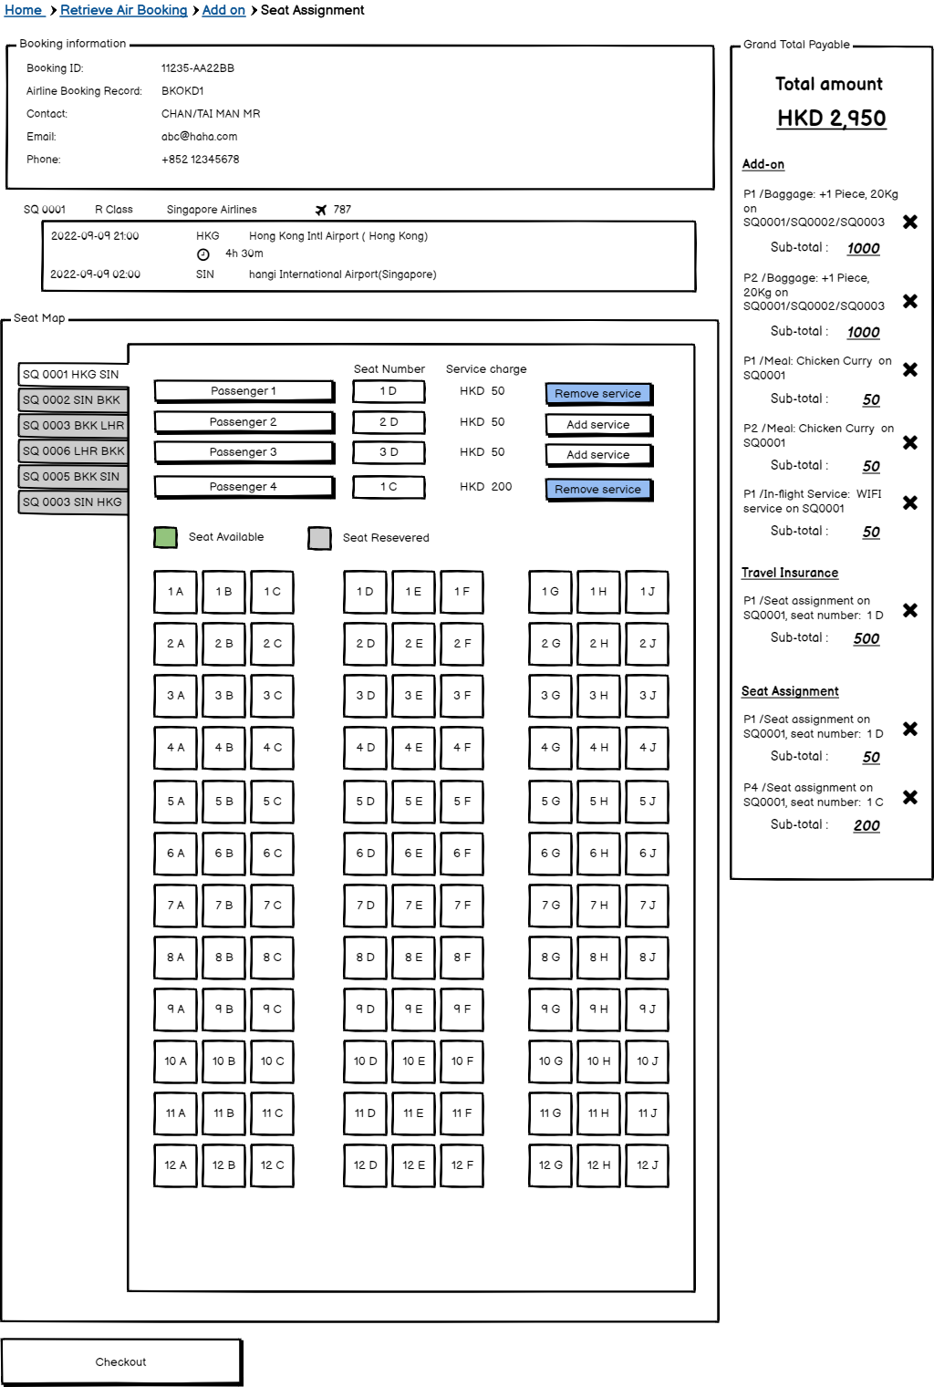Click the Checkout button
click(121, 1361)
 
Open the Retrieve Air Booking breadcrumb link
click(123, 10)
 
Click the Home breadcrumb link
click(23, 10)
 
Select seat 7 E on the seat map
click(413, 906)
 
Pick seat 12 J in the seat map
click(648, 1165)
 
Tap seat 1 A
click(175, 592)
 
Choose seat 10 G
click(550, 1061)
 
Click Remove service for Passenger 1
click(597, 394)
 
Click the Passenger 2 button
click(244, 422)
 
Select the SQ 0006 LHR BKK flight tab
click(73, 450)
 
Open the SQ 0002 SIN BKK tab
click(73, 399)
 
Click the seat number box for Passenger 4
click(389, 487)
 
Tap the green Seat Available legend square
click(165, 537)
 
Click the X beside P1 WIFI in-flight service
click(909, 502)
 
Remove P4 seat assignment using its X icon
click(909, 797)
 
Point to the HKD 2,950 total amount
click(831, 119)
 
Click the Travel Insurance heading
click(789, 573)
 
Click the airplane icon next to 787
click(321, 210)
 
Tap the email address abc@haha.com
click(199, 137)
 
